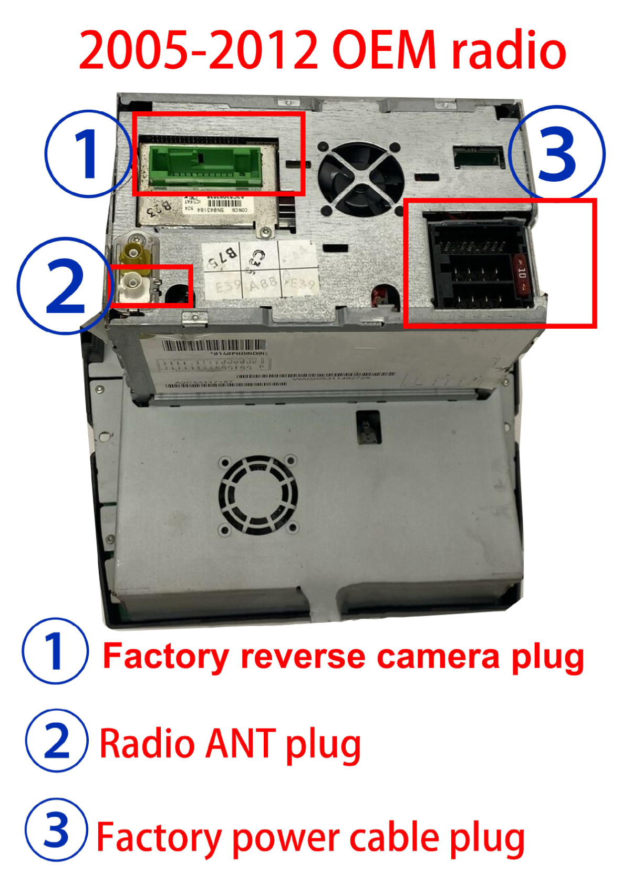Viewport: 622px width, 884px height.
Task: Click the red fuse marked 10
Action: click(x=522, y=275)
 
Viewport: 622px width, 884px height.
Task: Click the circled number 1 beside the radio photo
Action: click(x=87, y=154)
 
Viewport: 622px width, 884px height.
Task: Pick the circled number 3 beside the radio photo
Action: click(x=557, y=152)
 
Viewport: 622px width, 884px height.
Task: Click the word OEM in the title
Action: click(x=384, y=50)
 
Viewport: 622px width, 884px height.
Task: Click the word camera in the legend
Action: click(x=439, y=657)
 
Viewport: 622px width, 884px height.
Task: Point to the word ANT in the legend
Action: click(x=240, y=743)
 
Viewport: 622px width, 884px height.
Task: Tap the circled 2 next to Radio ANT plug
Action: click(x=56, y=741)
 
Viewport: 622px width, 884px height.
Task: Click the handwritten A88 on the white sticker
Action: click(x=263, y=285)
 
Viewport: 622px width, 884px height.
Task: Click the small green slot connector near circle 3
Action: click(x=477, y=156)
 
